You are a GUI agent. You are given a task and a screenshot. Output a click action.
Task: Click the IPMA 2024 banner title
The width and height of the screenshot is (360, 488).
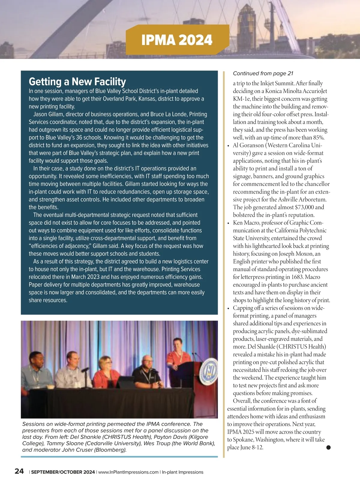tap(177, 40)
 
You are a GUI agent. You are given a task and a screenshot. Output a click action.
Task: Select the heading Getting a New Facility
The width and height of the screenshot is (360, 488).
tap(77, 81)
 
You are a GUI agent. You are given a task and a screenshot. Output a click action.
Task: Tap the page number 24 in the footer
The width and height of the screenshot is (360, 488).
tap(19, 471)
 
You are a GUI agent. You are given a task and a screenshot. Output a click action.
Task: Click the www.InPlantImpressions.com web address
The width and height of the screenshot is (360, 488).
tap(128, 472)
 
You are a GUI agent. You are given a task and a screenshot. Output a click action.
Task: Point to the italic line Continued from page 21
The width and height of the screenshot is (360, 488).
tap(263, 74)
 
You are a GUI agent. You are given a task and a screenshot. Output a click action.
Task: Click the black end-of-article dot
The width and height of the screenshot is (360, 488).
tap(328, 447)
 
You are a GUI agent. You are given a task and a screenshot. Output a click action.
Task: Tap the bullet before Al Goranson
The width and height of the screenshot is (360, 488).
tap(229, 146)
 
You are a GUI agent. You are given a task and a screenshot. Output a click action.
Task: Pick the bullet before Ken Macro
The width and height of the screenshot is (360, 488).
tap(229, 223)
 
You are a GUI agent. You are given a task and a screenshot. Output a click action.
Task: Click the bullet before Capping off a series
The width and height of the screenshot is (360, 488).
tap(229, 309)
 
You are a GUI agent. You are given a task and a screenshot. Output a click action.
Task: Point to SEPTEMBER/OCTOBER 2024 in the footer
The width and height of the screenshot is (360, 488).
tap(63, 472)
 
